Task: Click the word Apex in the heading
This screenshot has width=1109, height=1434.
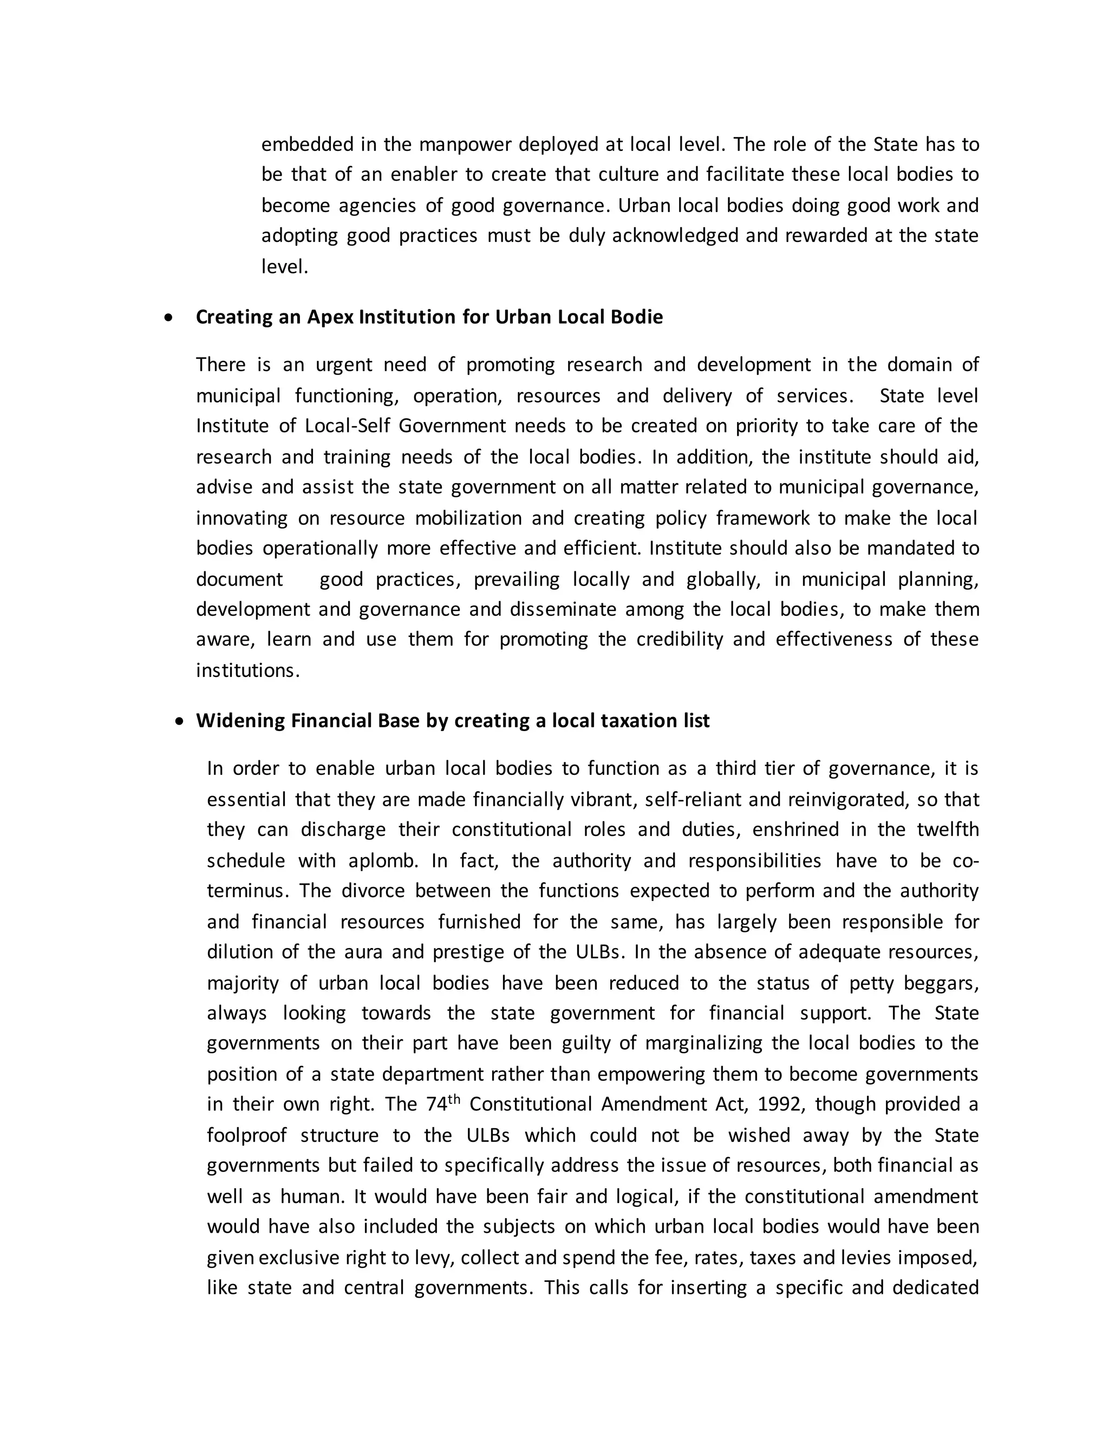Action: [330, 317]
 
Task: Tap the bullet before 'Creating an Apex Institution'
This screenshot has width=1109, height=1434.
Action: [169, 318]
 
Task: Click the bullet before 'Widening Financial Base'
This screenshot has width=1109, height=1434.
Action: [181, 721]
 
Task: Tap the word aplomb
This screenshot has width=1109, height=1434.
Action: [383, 861]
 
